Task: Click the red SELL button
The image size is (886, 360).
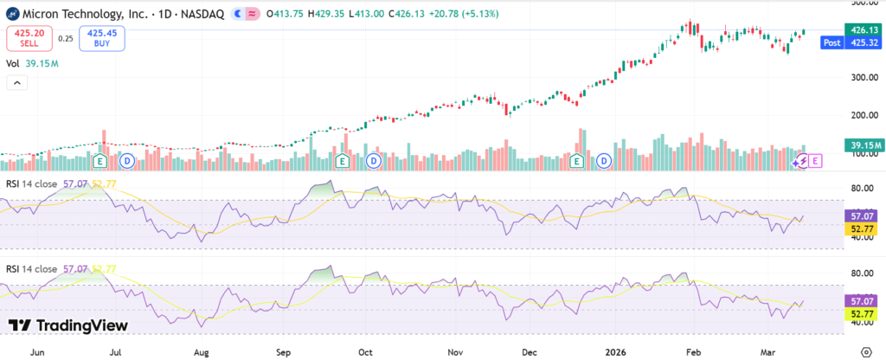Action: pyautogui.click(x=23, y=37)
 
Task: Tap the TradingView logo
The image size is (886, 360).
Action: pyautogui.click(x=67, y=325)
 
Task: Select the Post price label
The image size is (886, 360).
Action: pyautogui.click(x=831, y=42)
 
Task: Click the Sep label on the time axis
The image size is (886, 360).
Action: pyautogui.click(x=284, y=352)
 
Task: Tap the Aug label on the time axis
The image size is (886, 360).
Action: pyautogui.click(x=202, y=352)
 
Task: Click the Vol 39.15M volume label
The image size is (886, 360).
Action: pyautogui.click(x=31, y=63)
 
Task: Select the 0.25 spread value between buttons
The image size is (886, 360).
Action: pyautogui.click(x=65, y=38)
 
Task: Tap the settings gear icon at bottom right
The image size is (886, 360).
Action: pyautogui.click(x=867, y=352)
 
